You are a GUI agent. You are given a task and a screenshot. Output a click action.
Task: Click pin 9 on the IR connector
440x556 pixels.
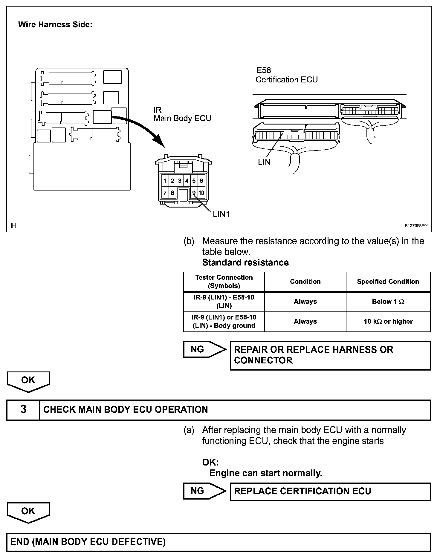[194, 193]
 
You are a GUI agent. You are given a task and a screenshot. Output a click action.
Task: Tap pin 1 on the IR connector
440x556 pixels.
[165, 181]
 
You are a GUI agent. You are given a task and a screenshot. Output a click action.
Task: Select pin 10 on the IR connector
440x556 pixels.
[201, 193]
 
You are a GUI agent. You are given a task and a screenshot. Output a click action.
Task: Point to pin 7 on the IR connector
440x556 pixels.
[165, 193]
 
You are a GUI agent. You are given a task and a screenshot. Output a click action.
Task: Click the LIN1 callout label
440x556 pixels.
[221, 214]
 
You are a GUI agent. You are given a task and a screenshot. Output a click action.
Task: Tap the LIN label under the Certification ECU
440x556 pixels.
[264, 162]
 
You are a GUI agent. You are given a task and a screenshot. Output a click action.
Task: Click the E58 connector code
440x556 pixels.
[264, 70]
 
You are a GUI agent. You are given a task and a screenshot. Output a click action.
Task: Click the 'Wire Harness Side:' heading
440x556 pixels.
[55, 25]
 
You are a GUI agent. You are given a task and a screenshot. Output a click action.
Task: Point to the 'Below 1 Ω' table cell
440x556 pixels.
[388, 302]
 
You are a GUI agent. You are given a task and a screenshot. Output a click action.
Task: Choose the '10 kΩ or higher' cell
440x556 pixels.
[388, 322]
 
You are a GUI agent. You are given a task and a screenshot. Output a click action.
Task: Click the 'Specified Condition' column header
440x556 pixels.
[388, 282]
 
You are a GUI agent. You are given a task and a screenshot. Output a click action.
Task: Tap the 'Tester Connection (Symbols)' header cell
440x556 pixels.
[224, 282]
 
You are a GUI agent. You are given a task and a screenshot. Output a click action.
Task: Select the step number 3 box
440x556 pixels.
[23, 409]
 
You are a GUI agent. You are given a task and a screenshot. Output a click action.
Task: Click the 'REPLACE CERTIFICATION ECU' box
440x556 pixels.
[330, 491]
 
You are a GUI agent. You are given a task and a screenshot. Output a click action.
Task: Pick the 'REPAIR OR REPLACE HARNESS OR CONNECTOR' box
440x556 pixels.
[330, 355]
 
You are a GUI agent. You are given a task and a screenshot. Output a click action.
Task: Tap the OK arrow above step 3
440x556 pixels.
[28, 381]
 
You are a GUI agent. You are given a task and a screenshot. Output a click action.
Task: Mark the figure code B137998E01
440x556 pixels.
[416, 226]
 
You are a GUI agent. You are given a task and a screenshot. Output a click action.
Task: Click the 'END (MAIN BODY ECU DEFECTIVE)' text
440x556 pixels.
[88, 542]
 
